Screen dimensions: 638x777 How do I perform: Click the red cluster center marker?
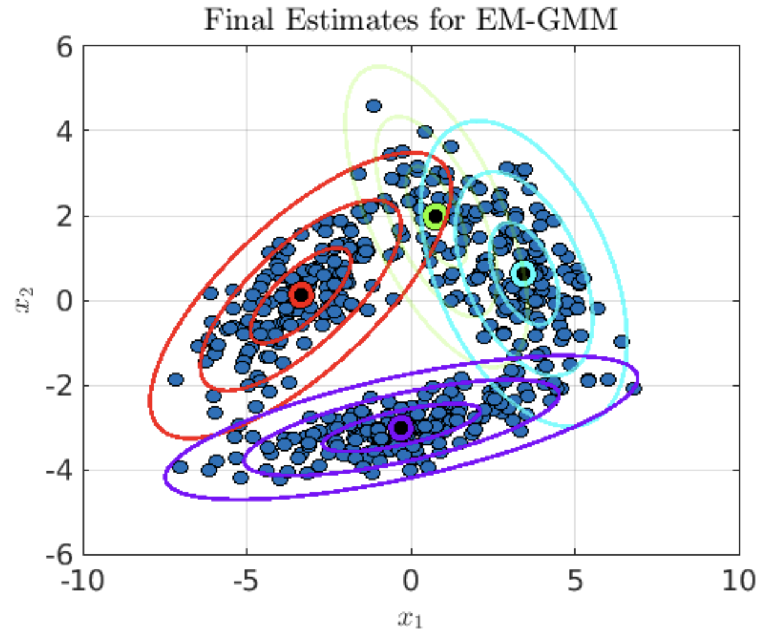click(301, 295)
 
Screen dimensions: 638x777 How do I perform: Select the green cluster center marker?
click(436, 216)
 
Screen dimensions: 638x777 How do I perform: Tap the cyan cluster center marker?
click(524, 273)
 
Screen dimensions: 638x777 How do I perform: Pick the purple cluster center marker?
click(401, 427)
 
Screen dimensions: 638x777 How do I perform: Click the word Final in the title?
click(239, 20)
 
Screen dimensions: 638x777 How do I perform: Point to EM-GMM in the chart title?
click(547, 20)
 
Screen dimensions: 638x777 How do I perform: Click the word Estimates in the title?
click(352, 20)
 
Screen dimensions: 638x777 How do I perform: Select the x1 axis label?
click(410, 618)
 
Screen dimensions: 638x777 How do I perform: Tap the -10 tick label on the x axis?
click(83, 581)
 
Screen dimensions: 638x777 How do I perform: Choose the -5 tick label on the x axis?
click(247, 581)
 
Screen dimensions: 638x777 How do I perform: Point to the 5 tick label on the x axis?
click(575, 581)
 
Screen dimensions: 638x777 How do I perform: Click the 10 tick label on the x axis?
click(739, 581)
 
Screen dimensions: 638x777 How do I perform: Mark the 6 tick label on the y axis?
click(64, 46)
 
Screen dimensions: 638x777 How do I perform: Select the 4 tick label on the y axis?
click(64, 131)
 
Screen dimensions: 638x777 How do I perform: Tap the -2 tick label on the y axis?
click(59, 386)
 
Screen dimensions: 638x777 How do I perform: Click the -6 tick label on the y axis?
click(59, 555)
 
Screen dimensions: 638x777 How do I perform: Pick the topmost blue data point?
click(374, 106)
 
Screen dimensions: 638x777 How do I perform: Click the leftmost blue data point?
click(176, 379)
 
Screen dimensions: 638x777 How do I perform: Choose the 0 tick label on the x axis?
click(411, 581)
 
